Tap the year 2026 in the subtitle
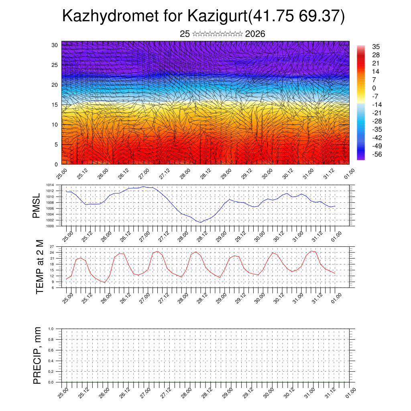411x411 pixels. pyautogui.click(x=255, y=34)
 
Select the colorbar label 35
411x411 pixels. pyautogui.click(x=376, y=47)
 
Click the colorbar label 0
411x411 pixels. pyautogui.click(x=374, y=88)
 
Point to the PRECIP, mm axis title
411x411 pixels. pyautogui.click(x=37, y=355)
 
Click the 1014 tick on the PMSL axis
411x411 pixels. pyautogui.click(x=50, y=185)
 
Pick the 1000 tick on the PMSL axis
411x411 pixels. pyautogui.click(x=50, y=226)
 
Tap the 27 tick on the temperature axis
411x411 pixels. pyautogui.click(x=52, y=246)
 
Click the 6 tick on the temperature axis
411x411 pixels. pyautogui.click(x=53, y=287)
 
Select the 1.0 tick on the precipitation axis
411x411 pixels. pyautogui.click(x=51, y=329)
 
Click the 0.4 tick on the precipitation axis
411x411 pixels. pyautogui.click(x=51, y=361)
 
